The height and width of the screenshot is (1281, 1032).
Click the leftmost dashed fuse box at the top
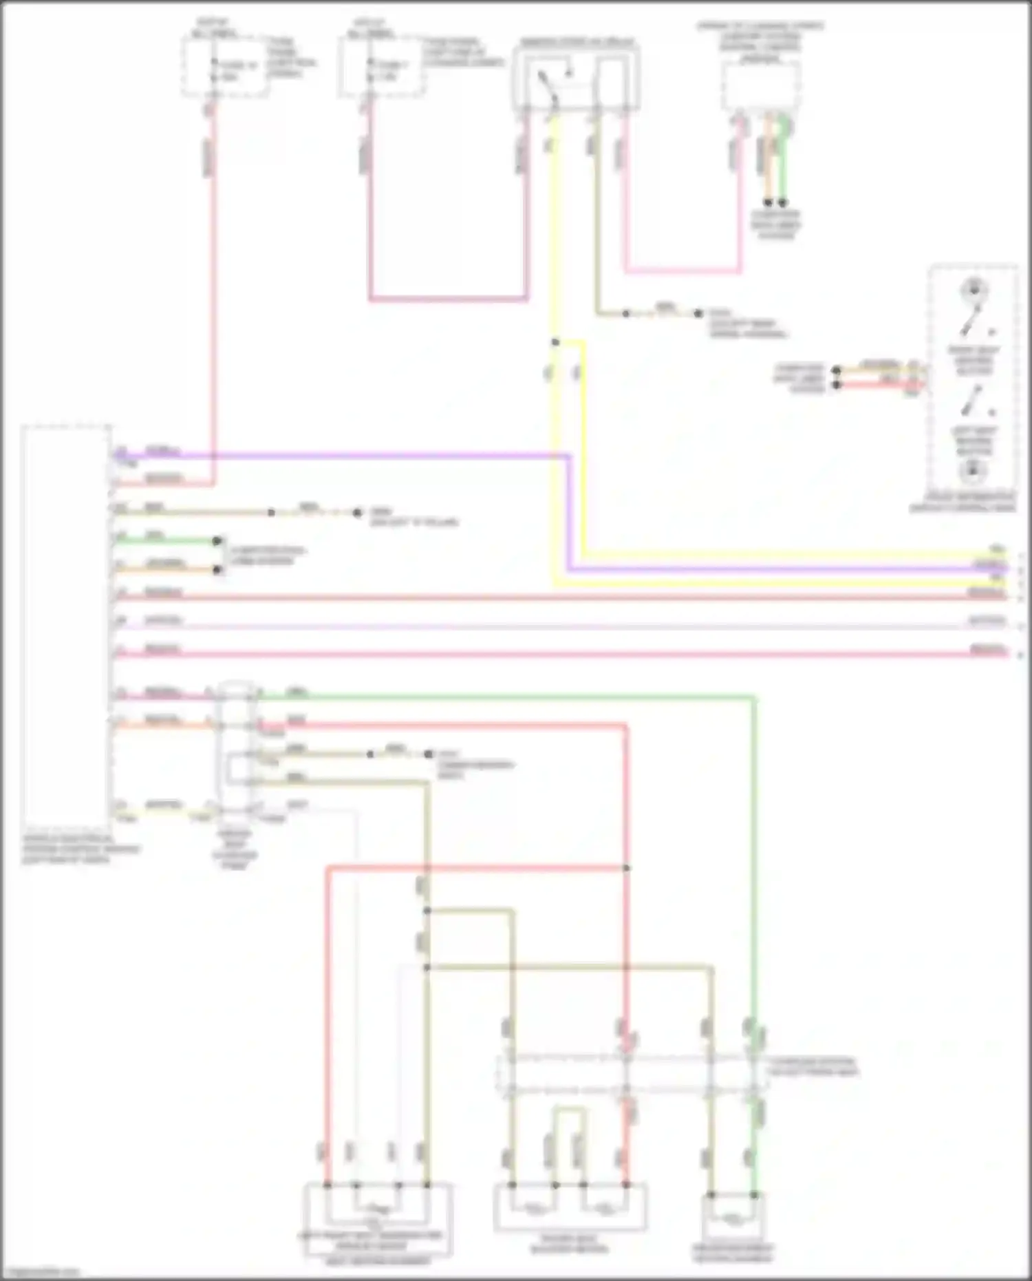[x=224, y=67]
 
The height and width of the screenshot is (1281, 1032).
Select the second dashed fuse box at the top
[x=380, y=67]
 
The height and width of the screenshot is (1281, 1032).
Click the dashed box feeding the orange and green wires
[x=760, y=85]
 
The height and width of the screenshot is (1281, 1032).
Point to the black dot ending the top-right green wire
[x=782, y=203]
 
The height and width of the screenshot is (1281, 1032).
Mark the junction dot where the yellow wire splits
[x=555, y=342]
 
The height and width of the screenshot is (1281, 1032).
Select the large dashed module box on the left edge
[x=66, y=626]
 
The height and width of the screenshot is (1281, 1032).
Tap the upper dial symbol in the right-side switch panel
[x=974, y=288]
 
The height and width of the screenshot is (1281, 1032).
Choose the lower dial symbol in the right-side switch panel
[x=973, y=471]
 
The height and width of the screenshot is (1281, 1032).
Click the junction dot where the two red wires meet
[x=626, y=868]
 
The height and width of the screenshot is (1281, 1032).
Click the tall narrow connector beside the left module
[x=235, y=750]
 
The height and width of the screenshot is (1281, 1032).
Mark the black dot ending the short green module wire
[x=217, y=541]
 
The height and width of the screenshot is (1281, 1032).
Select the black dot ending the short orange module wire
[x=217, y=570]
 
